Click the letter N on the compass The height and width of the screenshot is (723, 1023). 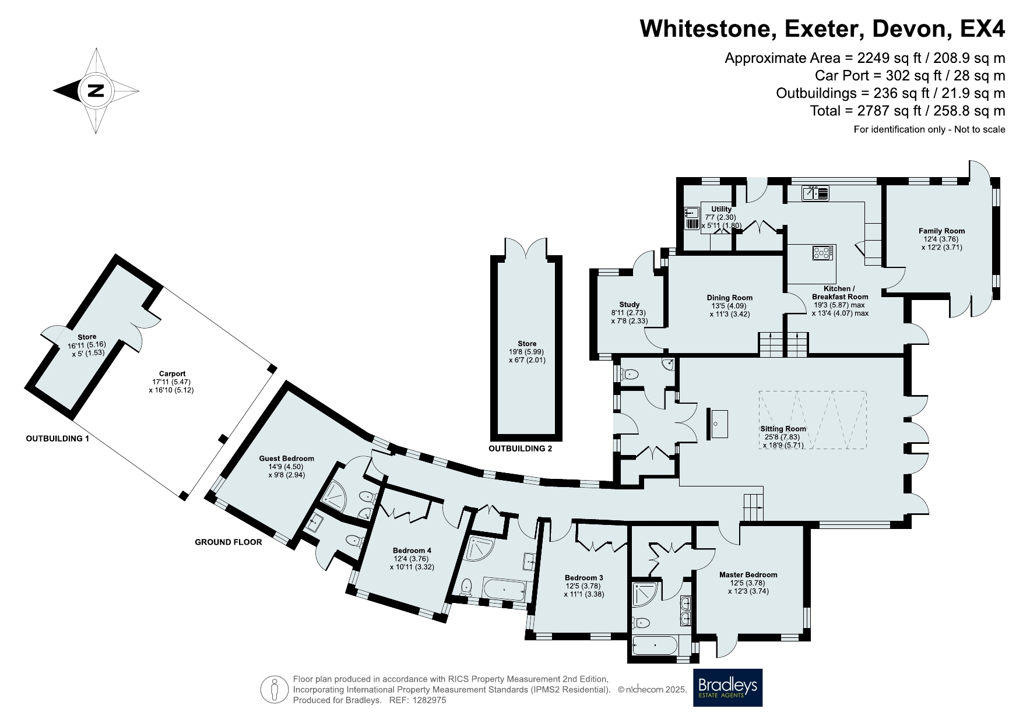[x=96, y=91]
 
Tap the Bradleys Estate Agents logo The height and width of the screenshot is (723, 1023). [x=727, y=687]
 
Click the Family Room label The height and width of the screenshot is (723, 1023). [x=941, y=231]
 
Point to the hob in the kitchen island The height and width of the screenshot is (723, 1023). [x=822, y=253]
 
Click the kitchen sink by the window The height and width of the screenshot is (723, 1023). [x=814, y=193]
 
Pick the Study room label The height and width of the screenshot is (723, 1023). [x=630, y=305]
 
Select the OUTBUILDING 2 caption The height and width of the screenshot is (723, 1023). [x=520, y=449]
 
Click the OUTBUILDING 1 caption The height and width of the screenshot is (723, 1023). [x=58, y=439]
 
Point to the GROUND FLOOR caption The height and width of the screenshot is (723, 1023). [x=228, y=542]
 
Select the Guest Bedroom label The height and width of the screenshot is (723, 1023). [x=287, y=459]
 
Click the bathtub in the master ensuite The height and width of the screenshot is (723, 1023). [x=656, y=646]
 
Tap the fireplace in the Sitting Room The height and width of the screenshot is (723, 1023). [x=718, y=423]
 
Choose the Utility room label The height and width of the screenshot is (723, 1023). [x=721, y=209]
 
